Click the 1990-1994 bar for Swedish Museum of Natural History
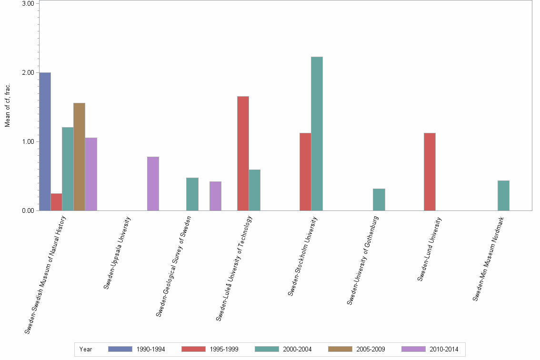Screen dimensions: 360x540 point(45,141)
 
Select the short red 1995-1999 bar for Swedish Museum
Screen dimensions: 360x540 point(56,202)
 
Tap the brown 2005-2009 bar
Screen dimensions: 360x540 point(79,157)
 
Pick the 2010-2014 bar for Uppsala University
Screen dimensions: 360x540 point(153,183)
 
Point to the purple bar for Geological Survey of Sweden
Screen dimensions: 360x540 point(215,196)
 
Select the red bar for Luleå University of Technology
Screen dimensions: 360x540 point(243,153)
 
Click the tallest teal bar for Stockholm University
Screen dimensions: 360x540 point(317,133)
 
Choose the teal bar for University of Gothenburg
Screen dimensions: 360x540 point(379,200)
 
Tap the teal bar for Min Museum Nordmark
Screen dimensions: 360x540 point(503,195)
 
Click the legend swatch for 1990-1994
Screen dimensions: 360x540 point(120,349)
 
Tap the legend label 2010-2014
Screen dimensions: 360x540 point(444,349)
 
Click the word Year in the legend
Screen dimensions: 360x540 point(86,349)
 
